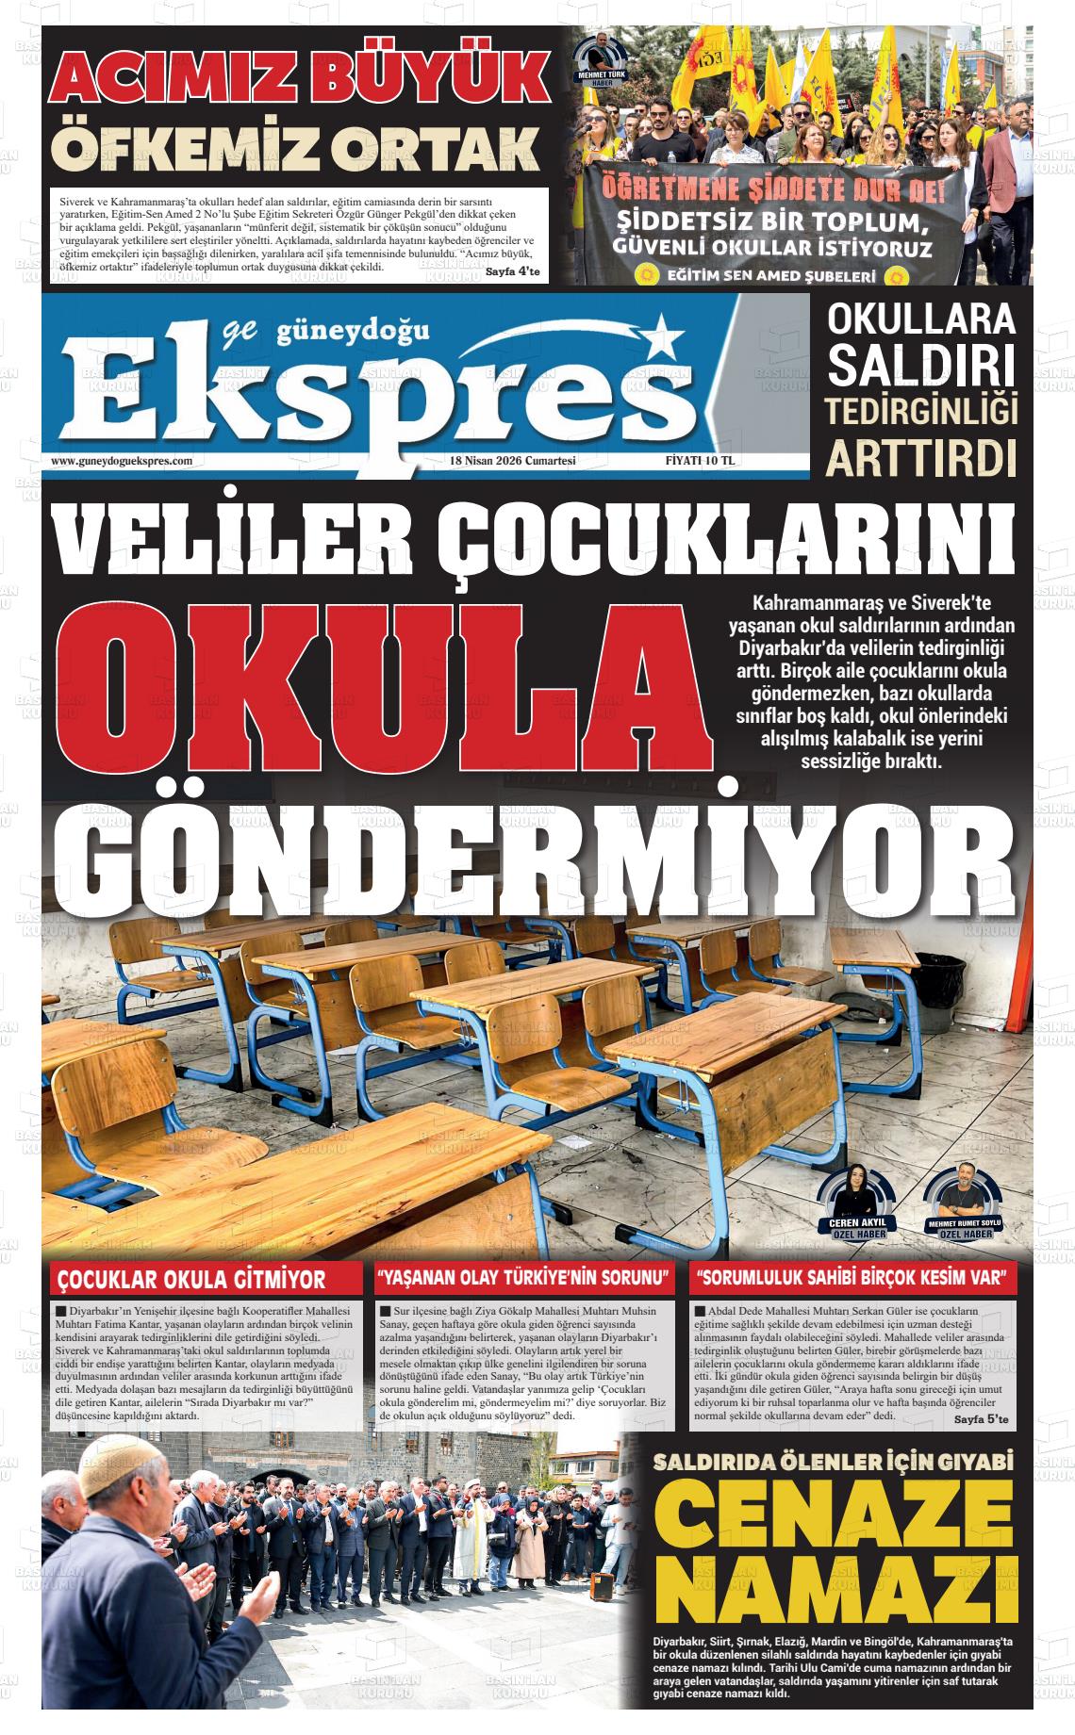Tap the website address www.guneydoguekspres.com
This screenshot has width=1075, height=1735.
[122, 461]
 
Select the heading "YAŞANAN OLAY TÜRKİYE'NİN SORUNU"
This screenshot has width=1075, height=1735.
[523, 1279]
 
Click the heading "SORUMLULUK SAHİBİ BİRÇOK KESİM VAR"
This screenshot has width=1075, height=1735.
[854, 1279]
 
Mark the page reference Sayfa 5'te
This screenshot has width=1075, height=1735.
[981, 1419]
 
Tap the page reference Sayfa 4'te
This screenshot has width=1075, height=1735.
[512, 272]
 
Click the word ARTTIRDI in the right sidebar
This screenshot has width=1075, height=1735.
[921, 457]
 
